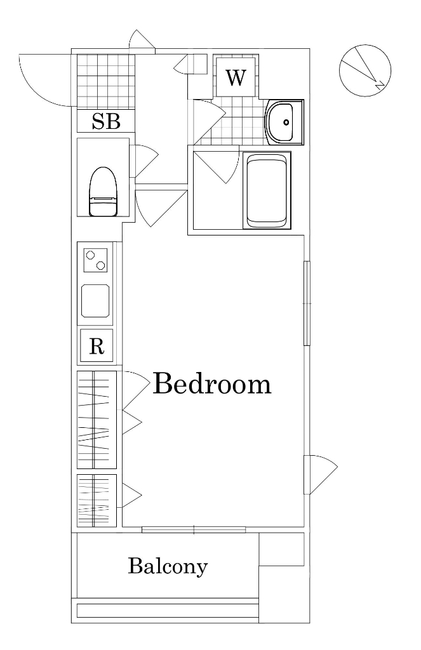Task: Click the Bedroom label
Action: pos(212,383)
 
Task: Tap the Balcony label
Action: pos(168,567)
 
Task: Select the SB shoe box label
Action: pos(106,121)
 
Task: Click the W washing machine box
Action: pos(235,77)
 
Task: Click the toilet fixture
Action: pos(104,191)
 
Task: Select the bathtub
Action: pos(267,190)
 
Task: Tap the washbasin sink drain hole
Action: pos(286,122)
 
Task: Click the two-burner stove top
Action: pos(96,260)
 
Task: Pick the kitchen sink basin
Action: pos(95,301)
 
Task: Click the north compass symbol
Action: pos(365,70)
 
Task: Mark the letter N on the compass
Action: pos(379,85)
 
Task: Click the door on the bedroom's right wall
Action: pos(320,474)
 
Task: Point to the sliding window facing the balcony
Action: pos(194,529)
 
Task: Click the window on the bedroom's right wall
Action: pos(307,303)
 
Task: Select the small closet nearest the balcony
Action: pos(97,501)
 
